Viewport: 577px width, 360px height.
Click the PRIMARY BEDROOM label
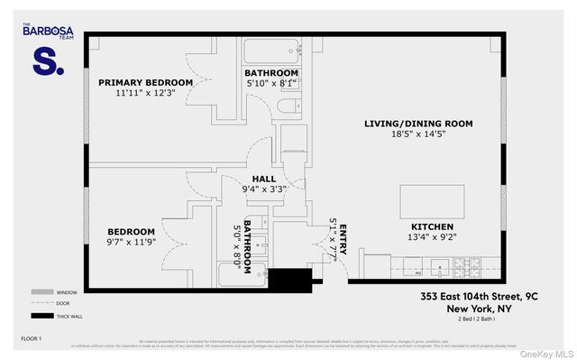tap(145, 82)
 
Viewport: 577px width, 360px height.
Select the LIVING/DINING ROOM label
tap(418, 124)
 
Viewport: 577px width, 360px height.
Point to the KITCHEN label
tap(432, 226)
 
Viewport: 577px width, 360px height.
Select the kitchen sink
tap(439, 266)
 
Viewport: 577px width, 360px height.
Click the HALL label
tap(264, 179)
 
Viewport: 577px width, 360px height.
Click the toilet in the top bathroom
tap(288, 107)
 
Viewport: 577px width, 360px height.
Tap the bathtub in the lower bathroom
tap(243, 274)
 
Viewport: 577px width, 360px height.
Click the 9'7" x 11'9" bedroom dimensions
tap(132, 242)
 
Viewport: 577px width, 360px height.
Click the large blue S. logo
tap(48, 61)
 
